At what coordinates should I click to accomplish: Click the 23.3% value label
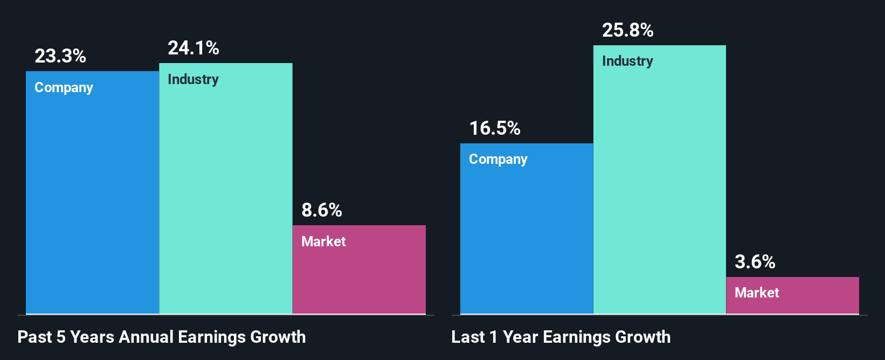coord(60,56)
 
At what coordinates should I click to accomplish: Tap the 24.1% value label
coord(193,48)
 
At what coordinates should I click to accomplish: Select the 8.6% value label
coord(321,210)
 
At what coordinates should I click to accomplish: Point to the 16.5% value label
coord(494,128)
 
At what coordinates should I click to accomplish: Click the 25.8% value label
coord(627,30)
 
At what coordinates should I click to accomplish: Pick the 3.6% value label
coord(755,262)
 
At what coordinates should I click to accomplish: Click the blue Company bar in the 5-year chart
coord(92,205)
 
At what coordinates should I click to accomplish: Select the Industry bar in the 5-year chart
coord(225,199)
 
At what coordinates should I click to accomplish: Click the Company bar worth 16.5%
coord(526,237)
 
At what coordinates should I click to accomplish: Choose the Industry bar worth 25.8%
coord(659,189)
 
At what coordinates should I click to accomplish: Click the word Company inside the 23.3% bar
coord(64,88)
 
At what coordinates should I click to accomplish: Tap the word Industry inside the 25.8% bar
coord(627,61)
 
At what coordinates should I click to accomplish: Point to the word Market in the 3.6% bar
coord(757,293)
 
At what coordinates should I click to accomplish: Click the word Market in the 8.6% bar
coord(323,241)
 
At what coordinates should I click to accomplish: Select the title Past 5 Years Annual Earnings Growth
coord(161,337)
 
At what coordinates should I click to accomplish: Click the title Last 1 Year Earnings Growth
coord(561,337)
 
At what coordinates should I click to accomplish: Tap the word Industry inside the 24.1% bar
coord(193,80)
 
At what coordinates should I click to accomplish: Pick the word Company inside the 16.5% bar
coord(498,160)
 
